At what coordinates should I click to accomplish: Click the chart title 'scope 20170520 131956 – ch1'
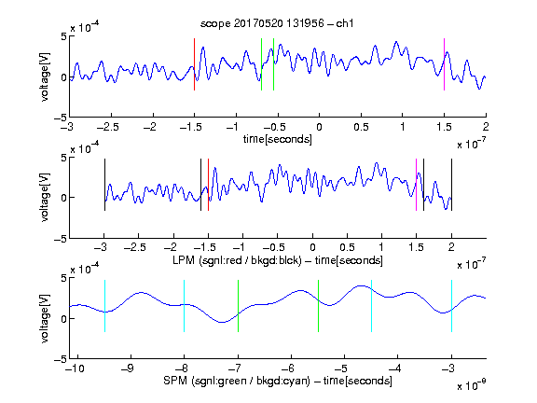[277, 23]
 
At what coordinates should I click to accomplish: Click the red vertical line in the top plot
[194, 64]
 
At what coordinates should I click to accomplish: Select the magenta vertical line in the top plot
[444, 64]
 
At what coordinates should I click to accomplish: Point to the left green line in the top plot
[261, 64]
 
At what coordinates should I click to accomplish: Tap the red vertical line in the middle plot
[208, 185]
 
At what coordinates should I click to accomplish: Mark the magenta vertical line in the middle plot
[416, 185]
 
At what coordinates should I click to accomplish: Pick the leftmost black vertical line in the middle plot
[104, 185]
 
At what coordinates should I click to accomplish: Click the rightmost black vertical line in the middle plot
[451, 185]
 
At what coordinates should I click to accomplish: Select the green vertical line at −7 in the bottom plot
[238, 306]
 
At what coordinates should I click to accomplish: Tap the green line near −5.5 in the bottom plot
[318, 306]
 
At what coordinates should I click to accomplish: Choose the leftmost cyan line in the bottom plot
[104, 306]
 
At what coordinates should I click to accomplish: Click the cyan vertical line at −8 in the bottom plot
[185, 306]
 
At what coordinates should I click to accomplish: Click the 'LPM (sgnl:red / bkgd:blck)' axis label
[237, 260]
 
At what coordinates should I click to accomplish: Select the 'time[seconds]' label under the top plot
[278, 139]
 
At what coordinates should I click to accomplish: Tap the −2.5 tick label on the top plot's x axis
[108, 127]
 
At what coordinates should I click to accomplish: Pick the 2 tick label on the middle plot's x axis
[451, 247]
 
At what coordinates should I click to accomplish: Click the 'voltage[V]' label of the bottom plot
[45, 318]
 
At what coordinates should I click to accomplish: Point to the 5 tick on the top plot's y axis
[64, 36]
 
